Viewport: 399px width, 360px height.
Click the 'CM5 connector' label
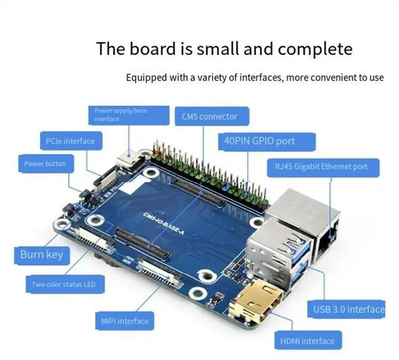point(209,117)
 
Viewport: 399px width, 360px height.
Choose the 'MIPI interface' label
point(125,321)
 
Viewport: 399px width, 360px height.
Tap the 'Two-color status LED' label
point(64,285)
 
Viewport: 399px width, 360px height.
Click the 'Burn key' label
point(41,255)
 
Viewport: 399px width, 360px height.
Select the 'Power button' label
point(45,164)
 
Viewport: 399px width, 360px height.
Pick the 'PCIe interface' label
point(70,141)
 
